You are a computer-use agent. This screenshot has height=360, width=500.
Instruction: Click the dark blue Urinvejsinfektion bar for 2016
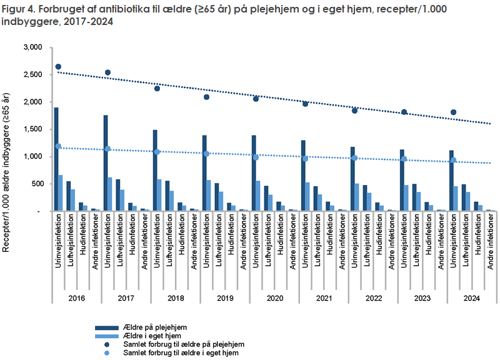point(56,159)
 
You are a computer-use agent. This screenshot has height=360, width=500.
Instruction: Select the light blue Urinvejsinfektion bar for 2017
point(110,194)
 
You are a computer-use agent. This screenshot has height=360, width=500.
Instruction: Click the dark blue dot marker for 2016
point(58,67)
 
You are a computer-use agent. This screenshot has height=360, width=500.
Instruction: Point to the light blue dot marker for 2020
point(256,157)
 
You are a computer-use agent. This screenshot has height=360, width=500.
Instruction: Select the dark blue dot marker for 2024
point(454,112)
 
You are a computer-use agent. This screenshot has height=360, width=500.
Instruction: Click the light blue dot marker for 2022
point(354,158)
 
